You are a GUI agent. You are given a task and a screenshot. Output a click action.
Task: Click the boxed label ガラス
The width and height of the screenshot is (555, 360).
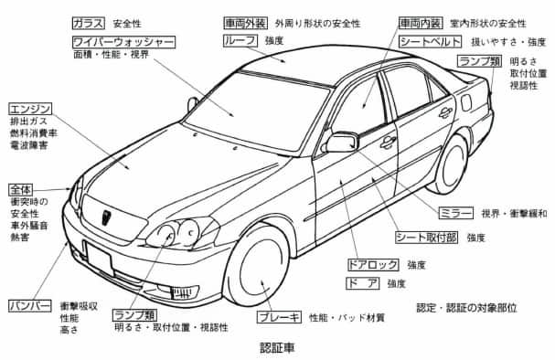click(x=89, y=21)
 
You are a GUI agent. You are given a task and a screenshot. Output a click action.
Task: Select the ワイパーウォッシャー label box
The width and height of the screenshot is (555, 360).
click(x=123, y=42)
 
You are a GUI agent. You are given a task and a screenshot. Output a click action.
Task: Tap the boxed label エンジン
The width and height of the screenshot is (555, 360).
click(x=29, y=108)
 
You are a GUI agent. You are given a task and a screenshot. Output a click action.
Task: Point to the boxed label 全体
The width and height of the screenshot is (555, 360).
click(x=21, y=188)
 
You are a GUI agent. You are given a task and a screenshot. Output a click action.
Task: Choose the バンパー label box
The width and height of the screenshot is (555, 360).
click(x=28, y=304)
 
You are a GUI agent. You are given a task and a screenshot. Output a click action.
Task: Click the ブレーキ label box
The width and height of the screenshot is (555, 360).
click(x=279, y=317)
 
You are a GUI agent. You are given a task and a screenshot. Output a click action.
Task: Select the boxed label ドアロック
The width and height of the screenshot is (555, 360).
click(x=372, y=264)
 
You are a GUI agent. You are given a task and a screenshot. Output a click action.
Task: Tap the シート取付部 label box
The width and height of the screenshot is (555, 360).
click(x=424, y=238)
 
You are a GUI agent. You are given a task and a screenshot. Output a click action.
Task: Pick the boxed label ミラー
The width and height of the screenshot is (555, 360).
click(x=456, y=213)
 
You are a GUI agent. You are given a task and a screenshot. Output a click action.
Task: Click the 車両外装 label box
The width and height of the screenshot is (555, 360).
click(x=244, y=21)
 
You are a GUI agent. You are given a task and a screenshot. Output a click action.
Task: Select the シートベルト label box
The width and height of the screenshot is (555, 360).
click(x=428, y=42)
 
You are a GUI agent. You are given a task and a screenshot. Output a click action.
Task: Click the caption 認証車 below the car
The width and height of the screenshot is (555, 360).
click(x=277, y=348)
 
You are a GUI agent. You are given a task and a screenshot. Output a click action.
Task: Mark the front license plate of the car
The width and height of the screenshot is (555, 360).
click(x=99, y=259)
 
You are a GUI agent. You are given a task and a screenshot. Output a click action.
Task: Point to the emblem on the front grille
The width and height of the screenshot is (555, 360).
click(x=104, y=217)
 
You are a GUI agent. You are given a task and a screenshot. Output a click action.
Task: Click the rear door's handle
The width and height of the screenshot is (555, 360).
click(x=444, y=113)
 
